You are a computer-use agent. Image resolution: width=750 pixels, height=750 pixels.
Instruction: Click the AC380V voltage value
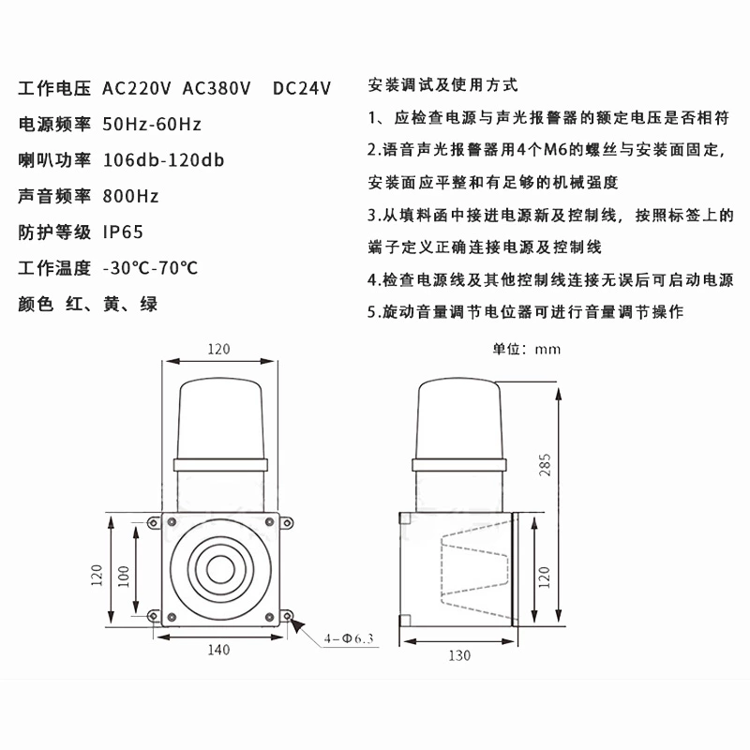[217, 88]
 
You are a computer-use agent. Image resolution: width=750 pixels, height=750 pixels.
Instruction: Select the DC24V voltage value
[302, 88]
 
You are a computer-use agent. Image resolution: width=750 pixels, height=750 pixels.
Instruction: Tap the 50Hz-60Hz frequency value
[152, 125]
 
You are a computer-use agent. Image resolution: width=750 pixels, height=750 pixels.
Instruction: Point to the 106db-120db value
[163, 160]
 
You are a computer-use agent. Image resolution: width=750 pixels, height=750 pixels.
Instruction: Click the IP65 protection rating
[123, 232]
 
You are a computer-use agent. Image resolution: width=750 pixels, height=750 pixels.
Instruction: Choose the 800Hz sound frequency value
[130, 196]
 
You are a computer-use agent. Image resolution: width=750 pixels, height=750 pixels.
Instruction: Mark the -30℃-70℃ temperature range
[150, 268]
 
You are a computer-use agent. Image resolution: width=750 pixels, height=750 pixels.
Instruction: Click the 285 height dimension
[545, 465]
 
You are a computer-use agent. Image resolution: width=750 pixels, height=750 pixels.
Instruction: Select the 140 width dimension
[218, 650]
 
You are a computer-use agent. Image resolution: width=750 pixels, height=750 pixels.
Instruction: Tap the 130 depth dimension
[459, 655]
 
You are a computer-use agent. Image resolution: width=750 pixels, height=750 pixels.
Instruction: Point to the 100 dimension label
[124, 577]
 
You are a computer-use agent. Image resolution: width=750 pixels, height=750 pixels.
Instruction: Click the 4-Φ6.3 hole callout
[349, 638]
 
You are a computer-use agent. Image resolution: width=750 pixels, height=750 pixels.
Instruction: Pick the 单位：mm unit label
[527, 349]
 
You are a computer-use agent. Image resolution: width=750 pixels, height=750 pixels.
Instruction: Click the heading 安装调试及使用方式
[442, 85]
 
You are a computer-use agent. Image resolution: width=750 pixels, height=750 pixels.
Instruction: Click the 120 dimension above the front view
[218, 349]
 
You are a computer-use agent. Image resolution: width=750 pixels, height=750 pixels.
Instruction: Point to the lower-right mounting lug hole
[287, 616]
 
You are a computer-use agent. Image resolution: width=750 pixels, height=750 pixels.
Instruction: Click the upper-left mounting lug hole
[154, 523]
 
